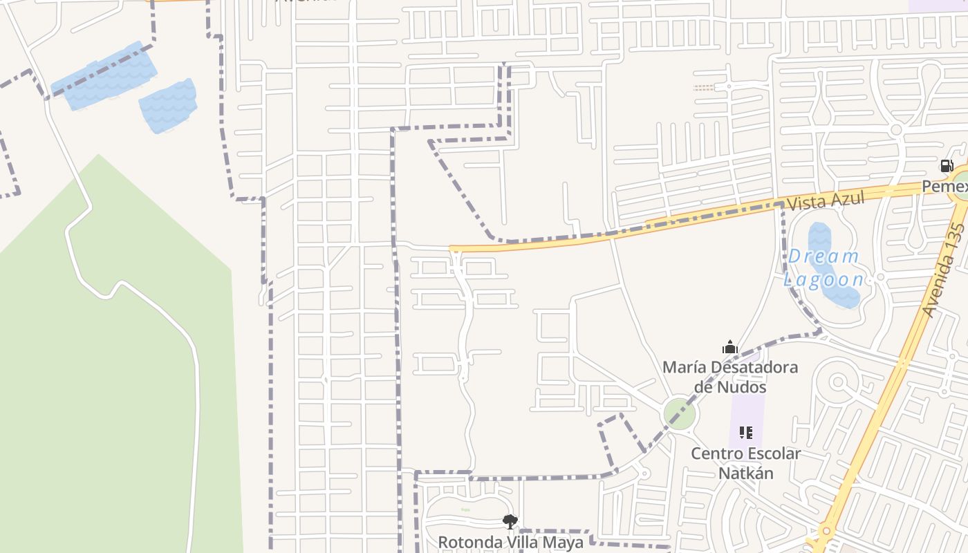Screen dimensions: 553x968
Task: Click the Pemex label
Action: click(x=944, y=187)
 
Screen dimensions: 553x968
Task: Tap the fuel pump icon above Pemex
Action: click(x=947, y=166)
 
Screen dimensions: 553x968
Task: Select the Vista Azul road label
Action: click(x=826, y=201)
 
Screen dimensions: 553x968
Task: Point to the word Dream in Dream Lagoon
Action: click(x=823, y=256)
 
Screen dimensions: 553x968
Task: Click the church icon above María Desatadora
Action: click(x=730, y=347)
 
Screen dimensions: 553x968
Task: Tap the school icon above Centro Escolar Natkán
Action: click(x=745, y=433)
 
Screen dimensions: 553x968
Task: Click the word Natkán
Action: click(x=745, y=474)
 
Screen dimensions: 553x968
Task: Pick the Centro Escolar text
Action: click(x=745, y=454)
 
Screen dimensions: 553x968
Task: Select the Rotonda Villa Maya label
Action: click(x=510, y=542)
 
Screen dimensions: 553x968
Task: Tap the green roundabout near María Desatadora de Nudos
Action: click(x=679, y=413)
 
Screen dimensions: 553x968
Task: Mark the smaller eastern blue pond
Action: click(x=169, y=106)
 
